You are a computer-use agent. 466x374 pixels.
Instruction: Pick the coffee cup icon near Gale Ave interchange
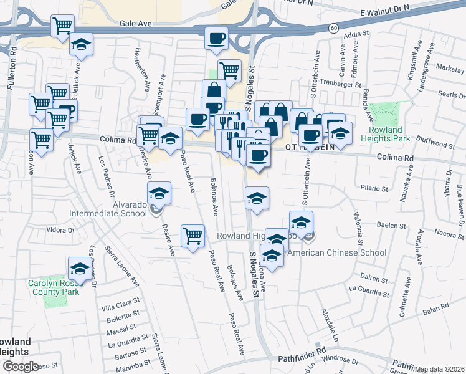(216, 39)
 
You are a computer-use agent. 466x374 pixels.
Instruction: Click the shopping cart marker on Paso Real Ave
(193, 236)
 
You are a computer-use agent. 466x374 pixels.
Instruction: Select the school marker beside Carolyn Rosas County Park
(79, 268)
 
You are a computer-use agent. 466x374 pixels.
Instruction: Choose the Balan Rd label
(435, 307)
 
